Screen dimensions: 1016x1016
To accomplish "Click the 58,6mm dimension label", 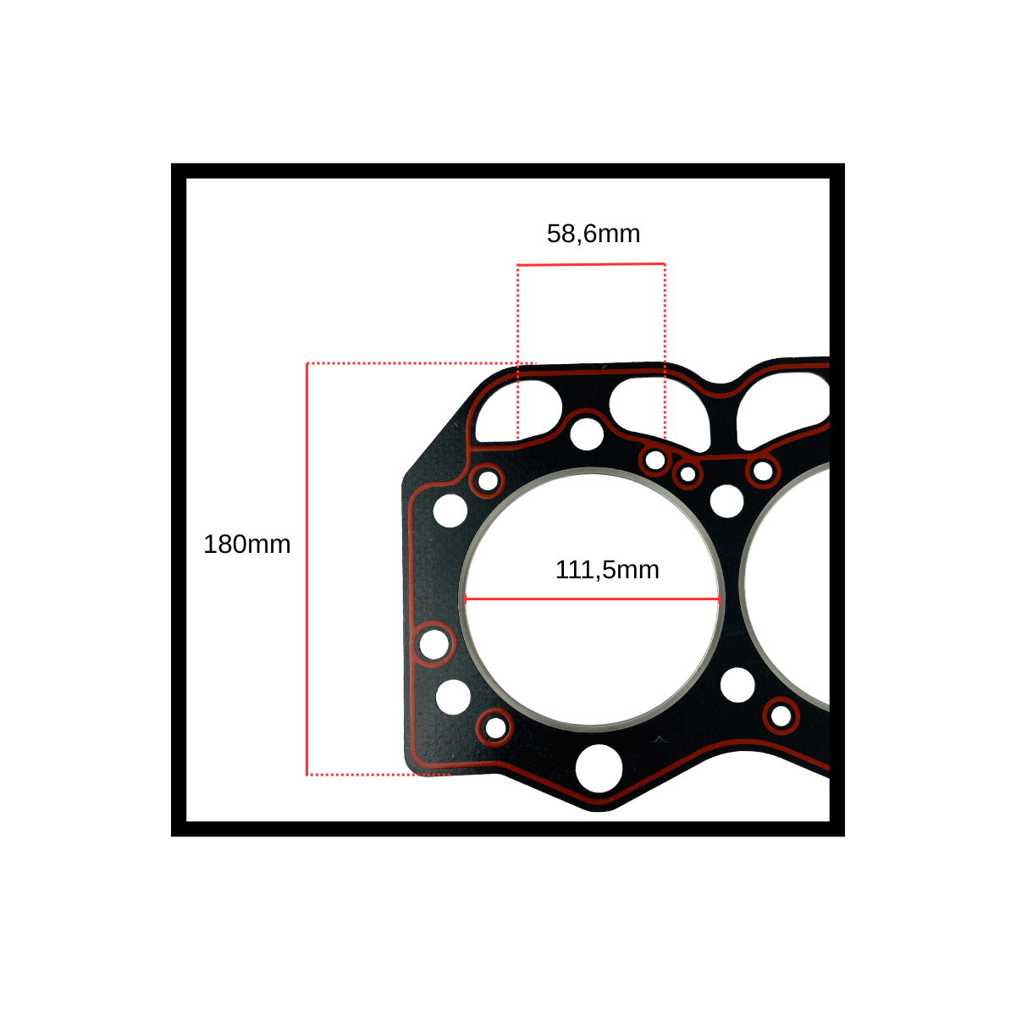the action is point(594,234).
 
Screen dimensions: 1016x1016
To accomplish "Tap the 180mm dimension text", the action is point(246,544).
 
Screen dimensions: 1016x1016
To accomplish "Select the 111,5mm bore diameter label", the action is point(607,570).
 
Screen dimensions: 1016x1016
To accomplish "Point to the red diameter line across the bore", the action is point(592,599).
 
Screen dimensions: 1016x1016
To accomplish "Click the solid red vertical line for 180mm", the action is point(306,569).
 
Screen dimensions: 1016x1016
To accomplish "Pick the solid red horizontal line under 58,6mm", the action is point(591,264).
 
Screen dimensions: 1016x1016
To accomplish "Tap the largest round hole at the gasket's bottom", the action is point(599,768).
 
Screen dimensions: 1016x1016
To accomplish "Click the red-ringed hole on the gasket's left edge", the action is point(434,643).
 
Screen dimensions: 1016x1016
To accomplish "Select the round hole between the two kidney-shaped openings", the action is point(587,434).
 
